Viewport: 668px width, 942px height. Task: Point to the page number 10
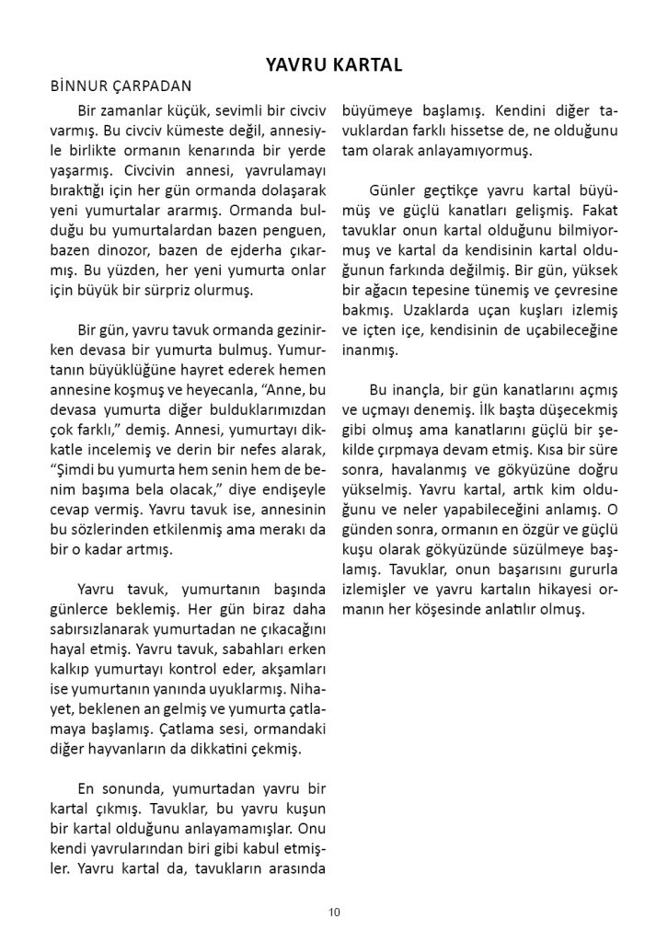(x=333, y=912)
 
